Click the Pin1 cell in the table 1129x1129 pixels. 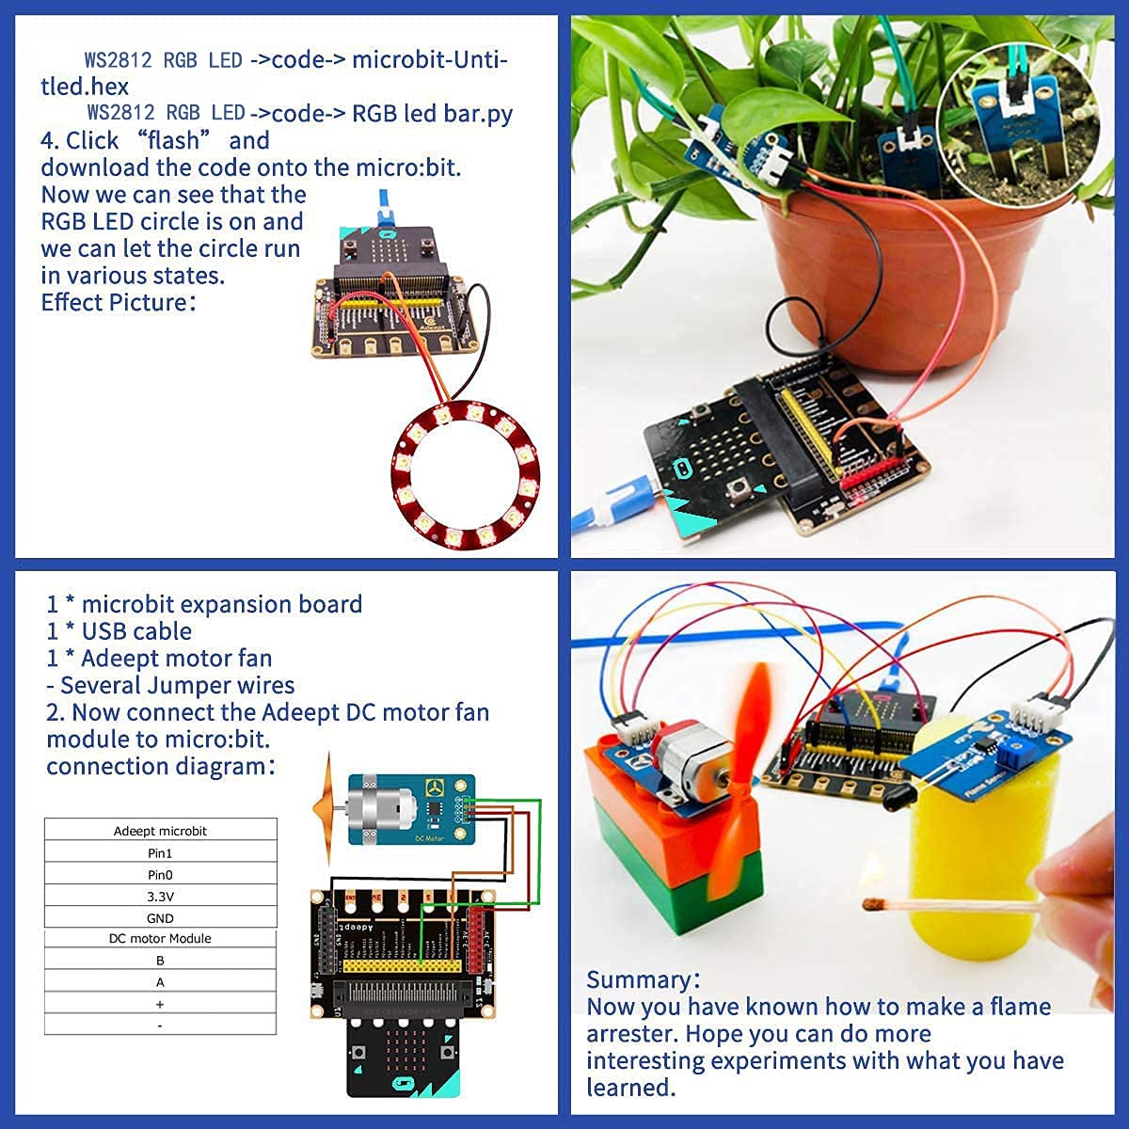[x=161, y=853]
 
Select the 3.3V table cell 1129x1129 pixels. [x=161, y=897]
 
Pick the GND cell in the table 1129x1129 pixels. [x=161, y=918]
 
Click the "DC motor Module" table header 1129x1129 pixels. [x=161, y=939]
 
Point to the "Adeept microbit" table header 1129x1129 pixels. [x=161, y=831]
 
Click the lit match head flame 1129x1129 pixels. [x=874, y=900]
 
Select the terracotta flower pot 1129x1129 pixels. [x=847, y=282]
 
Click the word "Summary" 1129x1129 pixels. [x=640, y=979]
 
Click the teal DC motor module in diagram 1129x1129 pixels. [x=411, y=809]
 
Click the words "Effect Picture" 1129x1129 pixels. [x=115, y=303]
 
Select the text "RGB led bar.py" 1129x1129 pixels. [x=433, y=114]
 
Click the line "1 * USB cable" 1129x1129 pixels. [x=119, y=631]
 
